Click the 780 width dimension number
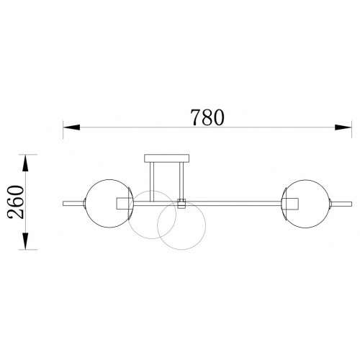pyautogui.click(x=207, y=117)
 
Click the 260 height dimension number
pyautogui.click(x=16, y=202)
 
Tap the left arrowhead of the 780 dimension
pyautogui.click(x=71, y=127)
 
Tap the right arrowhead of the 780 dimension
pyautogui.click(x=343, y=127)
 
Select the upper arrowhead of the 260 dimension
pyautogui.click(x=25, y=163)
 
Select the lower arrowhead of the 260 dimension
pyautogui.click(x=25, y=241)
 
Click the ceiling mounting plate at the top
pyautogui.click(x=167, y=158)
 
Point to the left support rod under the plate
pyautogui.click(x=152, y=181)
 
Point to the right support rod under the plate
pyautogui.click(x=181, y=181)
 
